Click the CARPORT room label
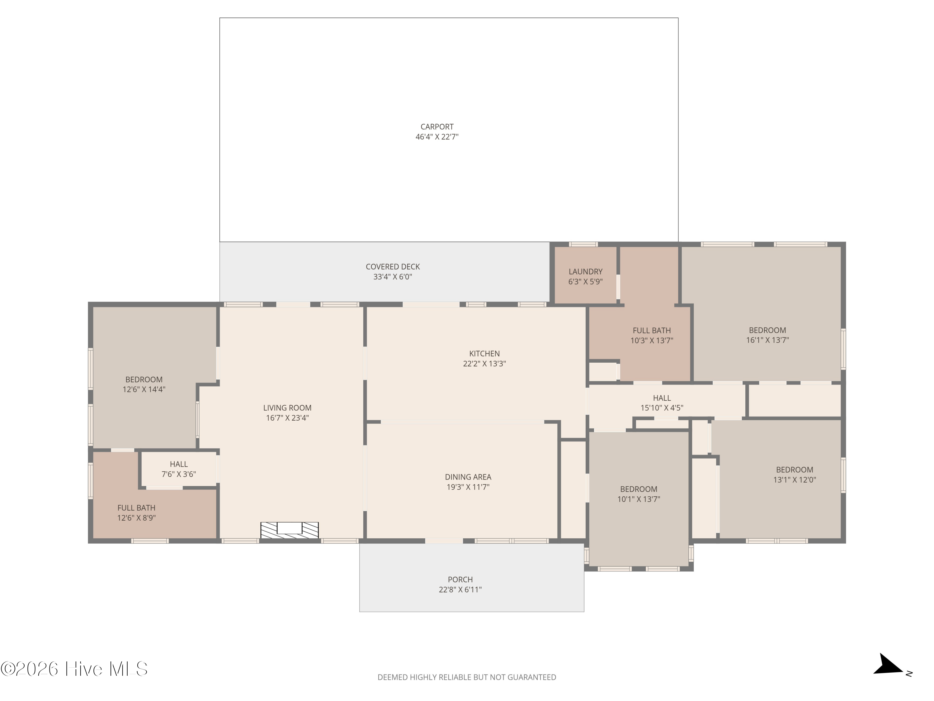pyautogui.click(x=437, y=127)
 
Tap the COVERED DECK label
pyautogui.click(x=393, y=267)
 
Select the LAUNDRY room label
pyautogui.click(x=585, y=272)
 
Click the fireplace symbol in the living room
pyautogui.click(x=289, y=530)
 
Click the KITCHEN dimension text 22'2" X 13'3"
pyautogui.click(x=484, y=363)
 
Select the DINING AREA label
pyautogui.click(x=468, y=477)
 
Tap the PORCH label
pyautogui.click(x=460, y=580)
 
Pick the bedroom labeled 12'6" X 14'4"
pyautogui.click(x=144, y=384)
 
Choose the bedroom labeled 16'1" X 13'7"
pyautogui.click(x=767, y=335)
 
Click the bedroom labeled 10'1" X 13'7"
pyautogui.click(x=639, y=494)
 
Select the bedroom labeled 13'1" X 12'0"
pyautogui.click(x=794, y=474)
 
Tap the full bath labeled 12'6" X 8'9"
pyautogui.click(x=136, y=513)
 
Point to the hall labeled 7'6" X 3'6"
pyautogui.click(x=179, y=469)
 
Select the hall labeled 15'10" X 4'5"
pyautogui.click(x=662, y=403)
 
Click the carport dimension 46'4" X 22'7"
pyautogui.click(x=437, y=137)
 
